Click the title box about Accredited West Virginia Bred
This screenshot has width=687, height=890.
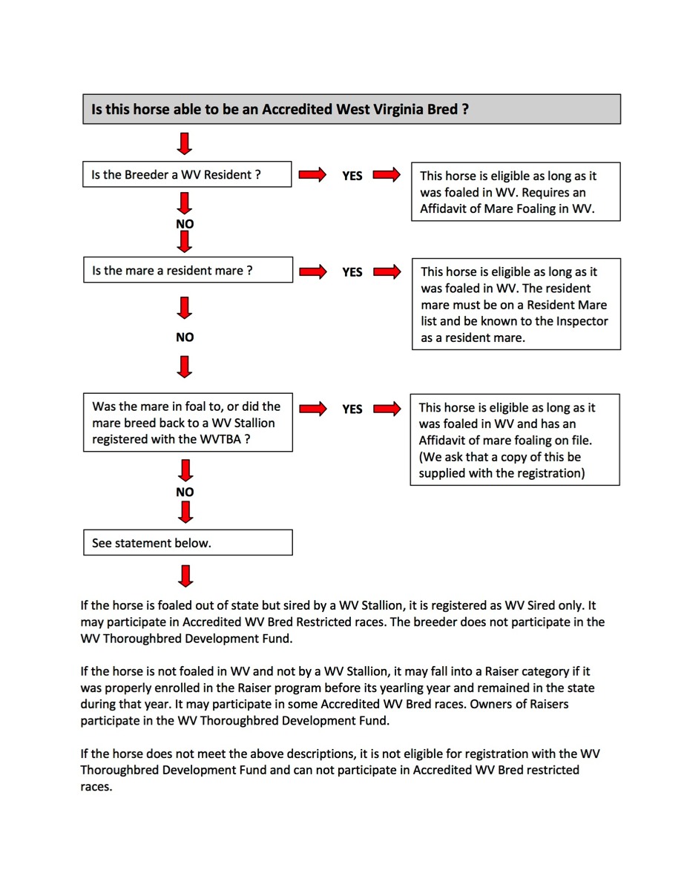[x=351, y=109]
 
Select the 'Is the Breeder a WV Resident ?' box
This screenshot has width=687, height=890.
[x=187, y=175]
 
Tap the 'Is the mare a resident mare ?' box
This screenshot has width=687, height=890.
[x=187, y=271]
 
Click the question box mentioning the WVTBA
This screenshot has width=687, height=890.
[x=187, y=423]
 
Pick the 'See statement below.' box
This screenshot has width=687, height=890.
[x=187, y=543]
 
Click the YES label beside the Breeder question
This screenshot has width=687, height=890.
[x=352, y=176]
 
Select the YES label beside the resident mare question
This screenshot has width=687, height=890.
[x=352, y=272]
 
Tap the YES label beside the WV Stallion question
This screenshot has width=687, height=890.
[x=352, y=409]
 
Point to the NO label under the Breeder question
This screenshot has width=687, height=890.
[x=185, y=223]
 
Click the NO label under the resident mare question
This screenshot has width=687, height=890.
[x=185, y=337]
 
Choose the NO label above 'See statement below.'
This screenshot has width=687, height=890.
[x=185, y=492]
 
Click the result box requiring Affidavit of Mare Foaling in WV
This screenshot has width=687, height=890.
[x=516, y=192]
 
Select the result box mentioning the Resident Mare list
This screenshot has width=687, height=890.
[x=516, y=304]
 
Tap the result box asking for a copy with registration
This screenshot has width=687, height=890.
[x=515, y=440]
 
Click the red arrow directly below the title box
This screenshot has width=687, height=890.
[x=185, y=142]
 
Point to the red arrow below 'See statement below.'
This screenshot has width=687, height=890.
[x=185, y=575]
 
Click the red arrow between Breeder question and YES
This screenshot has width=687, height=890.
[x=312, y=175]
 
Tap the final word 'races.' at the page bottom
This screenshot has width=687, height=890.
[x=96, y=786]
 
